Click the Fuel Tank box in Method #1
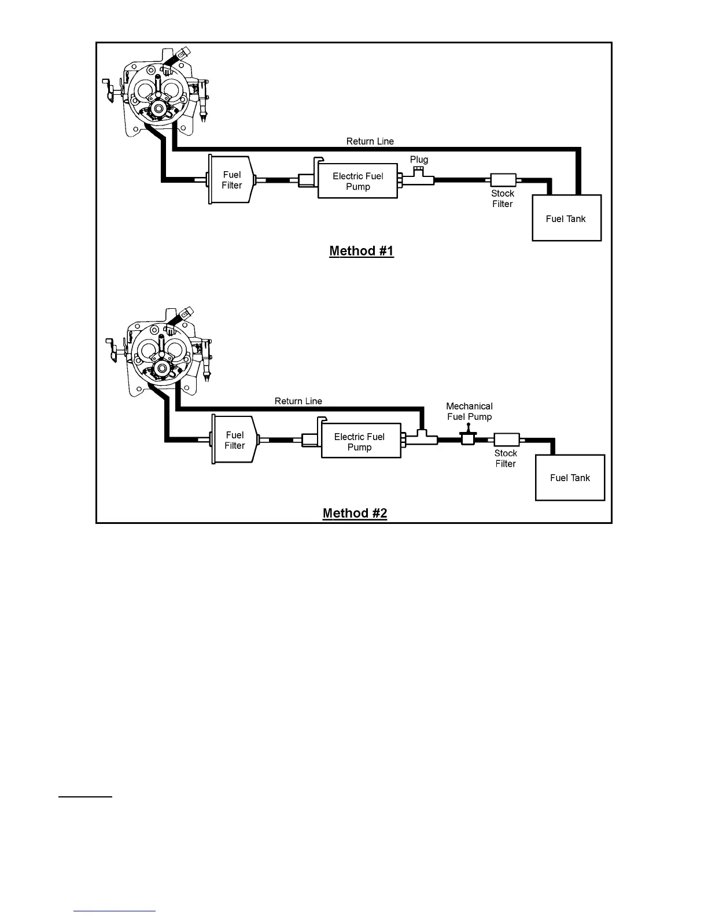click(566, 218)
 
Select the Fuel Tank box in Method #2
click(570, 478)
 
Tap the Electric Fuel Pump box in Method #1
click(358, 181)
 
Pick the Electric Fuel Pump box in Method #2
click(361, 442)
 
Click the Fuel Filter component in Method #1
click(231, 180)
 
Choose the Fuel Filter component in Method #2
click(234, 440)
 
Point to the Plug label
click(419, 160)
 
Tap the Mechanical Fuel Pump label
click(469, 411)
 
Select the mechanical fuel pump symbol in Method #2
click(468, 438)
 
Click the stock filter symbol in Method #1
click(503, 180)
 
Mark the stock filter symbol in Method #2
click(507, 440)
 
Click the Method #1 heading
click(362, 251)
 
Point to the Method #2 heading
click(355, 514)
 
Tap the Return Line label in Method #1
click(370, 141)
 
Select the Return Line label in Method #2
click(298, 401)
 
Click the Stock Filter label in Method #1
click(503, 198)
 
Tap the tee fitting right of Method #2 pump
click(422, 438)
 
